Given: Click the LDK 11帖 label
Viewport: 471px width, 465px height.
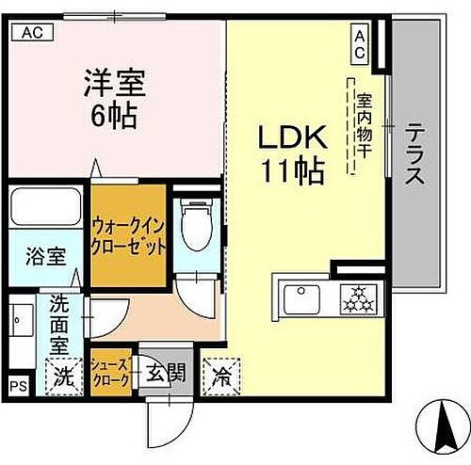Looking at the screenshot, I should coord(293,153).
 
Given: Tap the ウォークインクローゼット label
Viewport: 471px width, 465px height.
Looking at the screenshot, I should coord(130,235).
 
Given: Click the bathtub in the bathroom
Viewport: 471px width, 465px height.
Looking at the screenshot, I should coord(43,205).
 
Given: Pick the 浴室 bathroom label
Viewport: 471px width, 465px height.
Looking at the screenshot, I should coord(43,254).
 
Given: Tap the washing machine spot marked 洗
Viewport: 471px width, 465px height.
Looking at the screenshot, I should coord(62,377).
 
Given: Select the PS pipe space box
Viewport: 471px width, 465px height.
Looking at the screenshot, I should coord(18,385).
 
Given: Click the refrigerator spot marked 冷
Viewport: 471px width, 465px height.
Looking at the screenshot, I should coord(220,377).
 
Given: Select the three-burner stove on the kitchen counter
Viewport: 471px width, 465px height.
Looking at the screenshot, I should coord(355,299).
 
